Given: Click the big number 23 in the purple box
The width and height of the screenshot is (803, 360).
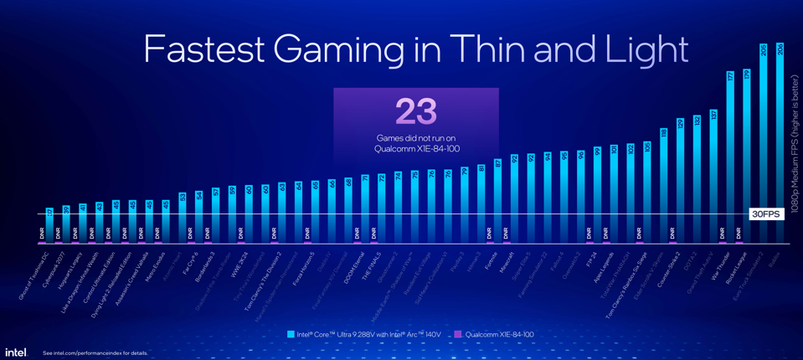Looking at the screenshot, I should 415,111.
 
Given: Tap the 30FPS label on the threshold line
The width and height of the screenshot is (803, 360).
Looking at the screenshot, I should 765,214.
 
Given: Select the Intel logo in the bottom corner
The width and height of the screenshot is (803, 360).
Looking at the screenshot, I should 16,352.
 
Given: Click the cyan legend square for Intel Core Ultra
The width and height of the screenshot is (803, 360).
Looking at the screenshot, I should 291,334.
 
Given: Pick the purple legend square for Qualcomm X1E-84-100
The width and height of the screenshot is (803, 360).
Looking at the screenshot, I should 458,334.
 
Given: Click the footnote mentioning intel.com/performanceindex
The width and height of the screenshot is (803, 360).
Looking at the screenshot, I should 95,353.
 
